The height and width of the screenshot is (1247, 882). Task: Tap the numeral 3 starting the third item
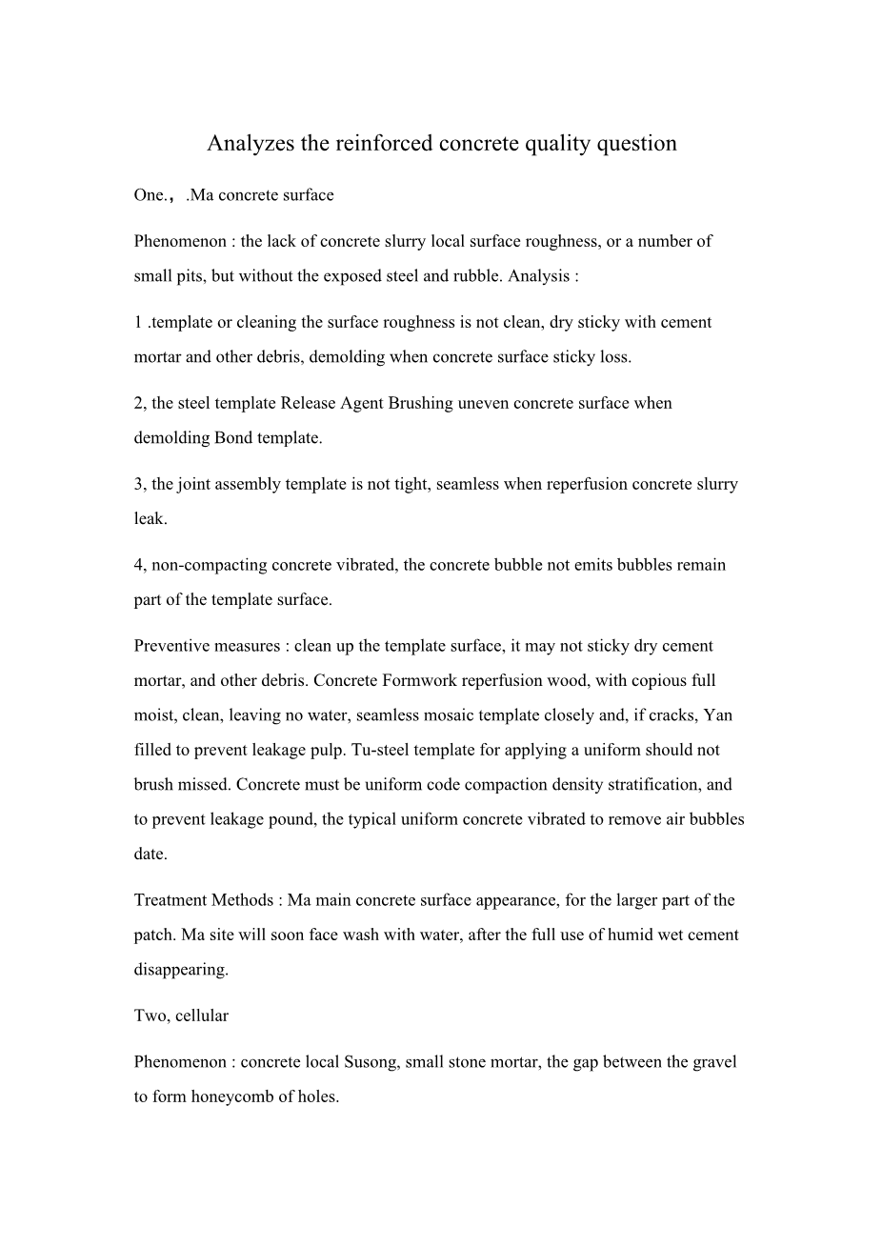click(x=138, y=484)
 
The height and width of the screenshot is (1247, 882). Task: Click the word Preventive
click(x=172, y=646)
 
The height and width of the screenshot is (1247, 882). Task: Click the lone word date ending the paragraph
click(x=150, y=855)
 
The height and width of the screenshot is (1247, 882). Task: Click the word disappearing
click(x=181, y=970)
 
